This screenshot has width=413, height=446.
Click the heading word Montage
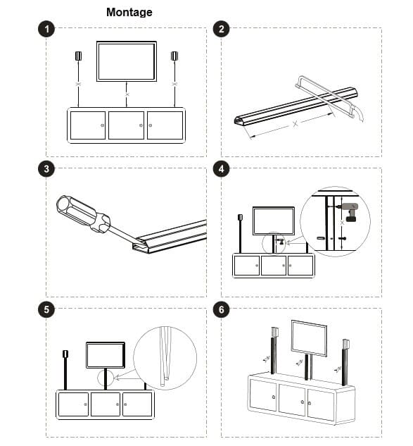129,12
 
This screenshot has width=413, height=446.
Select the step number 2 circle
221,29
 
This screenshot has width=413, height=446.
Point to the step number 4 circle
221,168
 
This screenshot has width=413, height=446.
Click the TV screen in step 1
127,62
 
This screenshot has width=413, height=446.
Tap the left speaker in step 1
78,56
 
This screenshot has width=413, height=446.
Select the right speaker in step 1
174,56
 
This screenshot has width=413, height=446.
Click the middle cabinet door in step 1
126,125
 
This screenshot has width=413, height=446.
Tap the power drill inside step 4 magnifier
349,211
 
